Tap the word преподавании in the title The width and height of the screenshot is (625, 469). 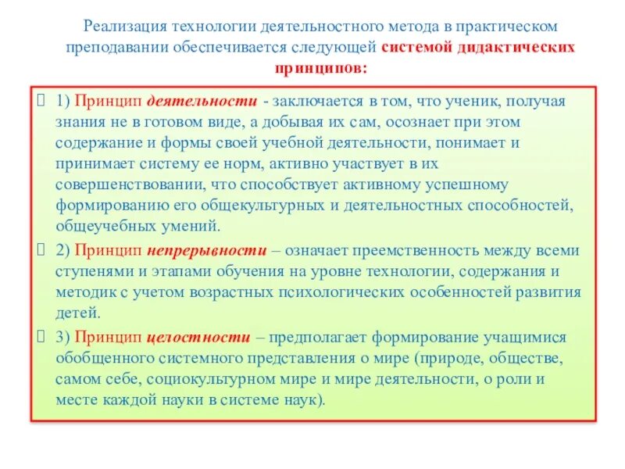point(109,48)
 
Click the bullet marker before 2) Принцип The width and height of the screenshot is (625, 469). point(43,250)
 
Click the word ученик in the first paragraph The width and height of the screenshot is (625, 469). point(473,102)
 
